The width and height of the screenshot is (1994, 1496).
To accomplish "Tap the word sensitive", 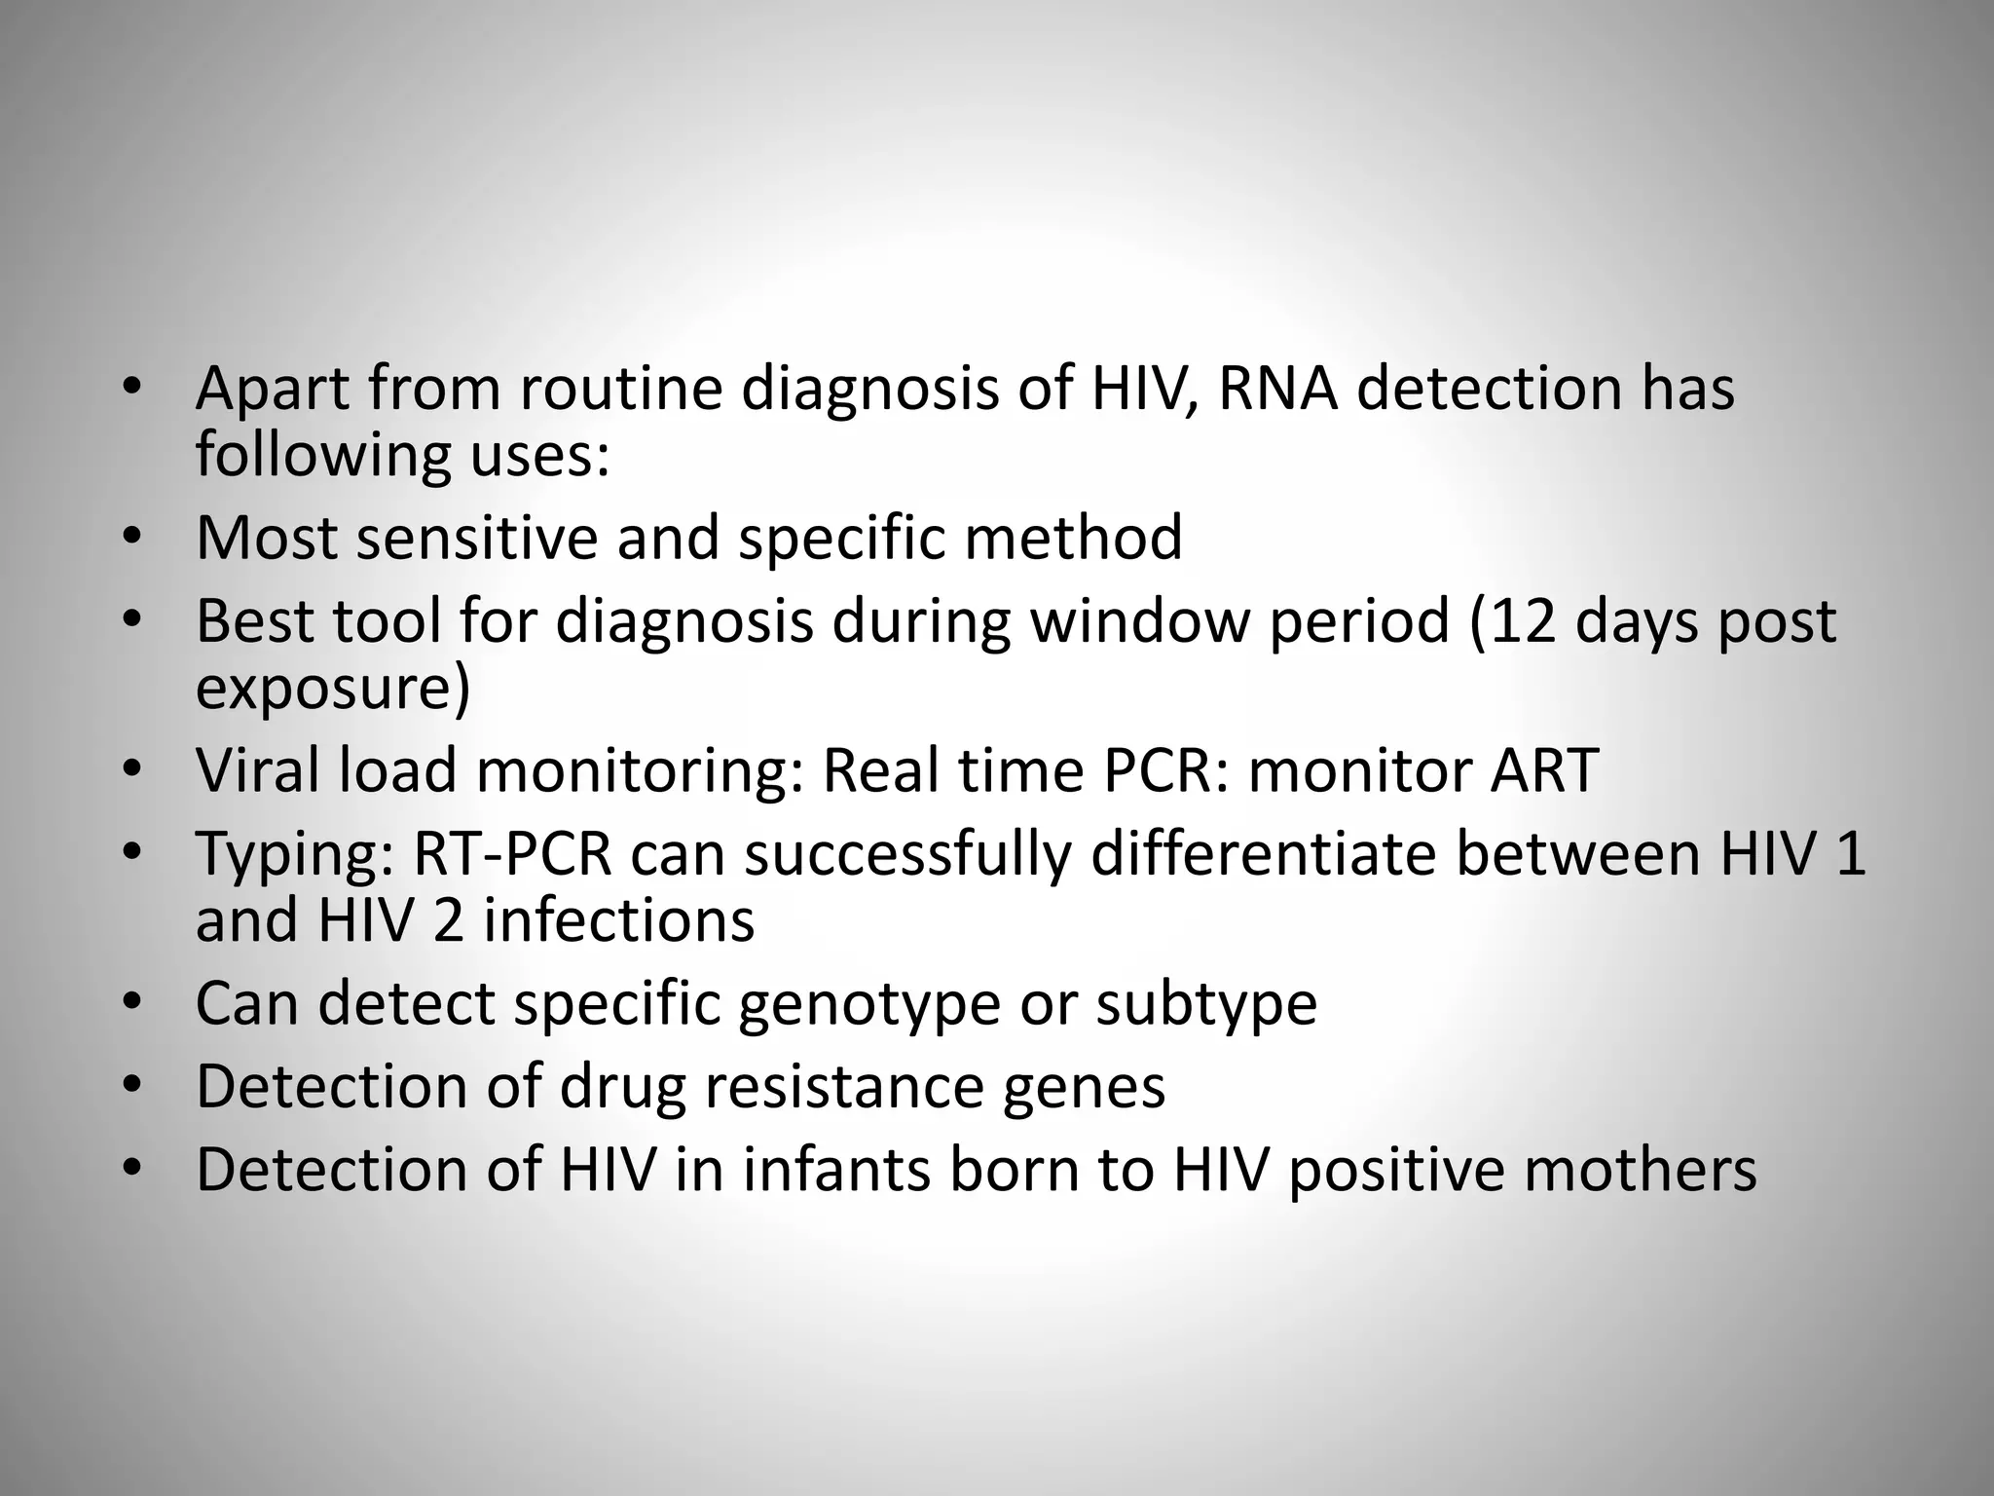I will pos(476,538).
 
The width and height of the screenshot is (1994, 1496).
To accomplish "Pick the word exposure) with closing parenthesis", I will pos(333,689).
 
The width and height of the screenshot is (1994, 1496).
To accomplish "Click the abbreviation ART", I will pos(1544,770).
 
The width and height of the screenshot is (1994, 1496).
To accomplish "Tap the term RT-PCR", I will pos(513,854).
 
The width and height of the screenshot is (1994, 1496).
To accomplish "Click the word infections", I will pos(618,920).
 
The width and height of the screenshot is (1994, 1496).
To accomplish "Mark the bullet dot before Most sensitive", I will pos(132,538).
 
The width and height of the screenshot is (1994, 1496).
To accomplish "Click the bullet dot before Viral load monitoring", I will pos(132,770).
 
